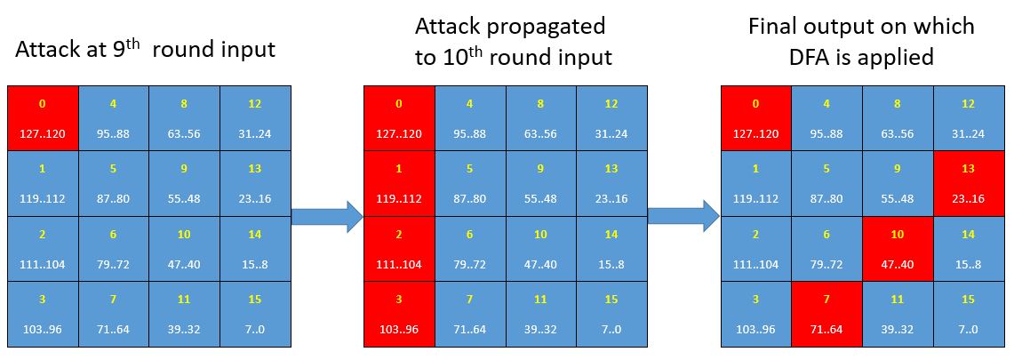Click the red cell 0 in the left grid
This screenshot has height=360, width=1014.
(44, 118)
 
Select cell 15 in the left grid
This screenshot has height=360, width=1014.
(255, 314)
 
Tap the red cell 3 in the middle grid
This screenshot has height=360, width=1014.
(399, 314)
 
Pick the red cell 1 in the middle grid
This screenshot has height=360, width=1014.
(399, 183)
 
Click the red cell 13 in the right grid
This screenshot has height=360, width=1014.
(968, 183)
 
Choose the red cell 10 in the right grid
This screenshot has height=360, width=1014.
(898, 249)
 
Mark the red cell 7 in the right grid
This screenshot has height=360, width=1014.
(827, 314)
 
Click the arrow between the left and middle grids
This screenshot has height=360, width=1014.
(327, 216)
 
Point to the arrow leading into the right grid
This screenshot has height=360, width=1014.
(684, 216)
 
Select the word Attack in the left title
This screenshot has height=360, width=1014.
(46, 50)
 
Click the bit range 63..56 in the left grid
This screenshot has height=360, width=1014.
(184, 134)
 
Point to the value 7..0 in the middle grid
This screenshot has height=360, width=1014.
(611, 330)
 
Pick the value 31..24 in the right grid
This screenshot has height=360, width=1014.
(968, 134)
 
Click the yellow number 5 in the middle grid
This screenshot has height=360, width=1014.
(470, 169)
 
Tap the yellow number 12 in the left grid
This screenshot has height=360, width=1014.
(255, 103)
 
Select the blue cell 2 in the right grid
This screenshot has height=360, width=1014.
(756, 249)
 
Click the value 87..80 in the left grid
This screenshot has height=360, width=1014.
(114, 199)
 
